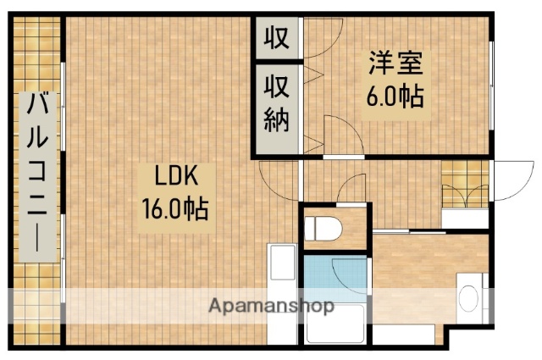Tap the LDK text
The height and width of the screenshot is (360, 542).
(x=175, y=177)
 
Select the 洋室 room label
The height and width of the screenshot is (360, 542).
(x=395, y=64)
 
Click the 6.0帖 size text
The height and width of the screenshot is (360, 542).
(x=395, y=94)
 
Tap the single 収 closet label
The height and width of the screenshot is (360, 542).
(x=277, y=38)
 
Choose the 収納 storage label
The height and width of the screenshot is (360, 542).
(x=277, y=102)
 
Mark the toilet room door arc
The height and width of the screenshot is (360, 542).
(x=351, y=191)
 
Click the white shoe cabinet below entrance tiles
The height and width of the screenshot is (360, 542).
(x=465, y=218)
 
